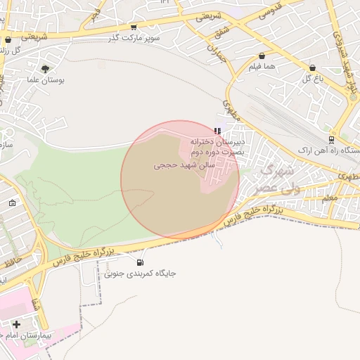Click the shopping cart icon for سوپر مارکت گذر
tap(133, 27)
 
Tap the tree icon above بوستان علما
tap(46, 69)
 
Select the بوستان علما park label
tap(46, 81)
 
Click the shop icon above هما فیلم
tap(262, 56)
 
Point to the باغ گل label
tap(311, 79)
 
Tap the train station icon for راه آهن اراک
tap(333, 139)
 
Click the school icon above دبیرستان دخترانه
tap(218, 131)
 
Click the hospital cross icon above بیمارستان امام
tap(16, 324)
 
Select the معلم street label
tap(330, 199)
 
